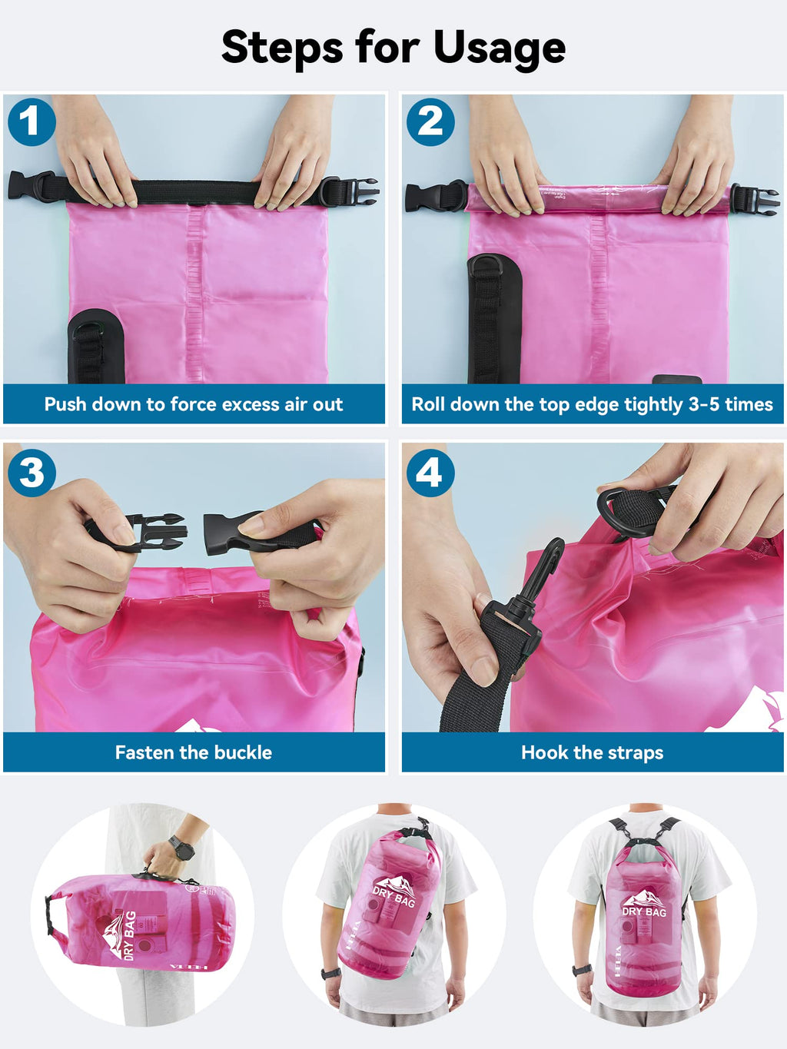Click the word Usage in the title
499,48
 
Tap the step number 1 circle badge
32,121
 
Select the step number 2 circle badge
430,121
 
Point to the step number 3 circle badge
32,473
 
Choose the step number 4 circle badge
430,473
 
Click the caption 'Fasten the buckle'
194,752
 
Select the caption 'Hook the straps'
592,752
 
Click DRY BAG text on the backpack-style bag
644,912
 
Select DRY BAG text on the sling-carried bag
393,897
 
